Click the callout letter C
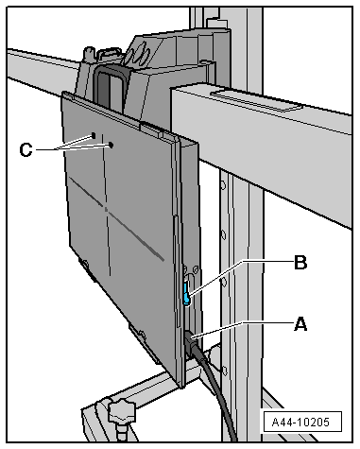[26, 149]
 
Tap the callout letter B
[300, 262]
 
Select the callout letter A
[300, 324]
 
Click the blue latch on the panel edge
[187, 293]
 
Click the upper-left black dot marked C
[94, 135]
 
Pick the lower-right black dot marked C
[111, 145]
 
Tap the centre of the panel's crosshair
[106, 209]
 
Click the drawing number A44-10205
[300, 422]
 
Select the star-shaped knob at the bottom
[122, 411]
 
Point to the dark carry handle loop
[111, 85]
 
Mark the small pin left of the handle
[89, 54]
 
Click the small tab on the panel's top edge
[151, 130]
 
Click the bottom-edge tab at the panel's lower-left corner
[85, 265]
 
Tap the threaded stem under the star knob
[121, 433]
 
